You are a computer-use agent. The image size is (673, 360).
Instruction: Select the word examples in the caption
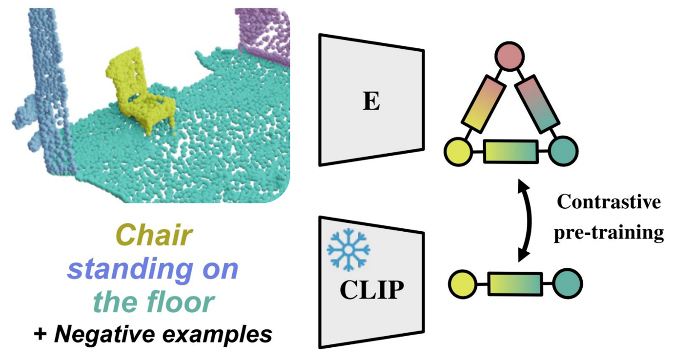pos(219,336)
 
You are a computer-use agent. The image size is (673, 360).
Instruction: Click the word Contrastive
pos(609,202)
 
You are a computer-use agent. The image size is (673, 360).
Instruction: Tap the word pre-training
pos(609,233)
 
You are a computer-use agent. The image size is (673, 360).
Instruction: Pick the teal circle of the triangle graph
pos(563,151)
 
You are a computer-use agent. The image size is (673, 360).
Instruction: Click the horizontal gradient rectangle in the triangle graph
pos(510,151)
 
